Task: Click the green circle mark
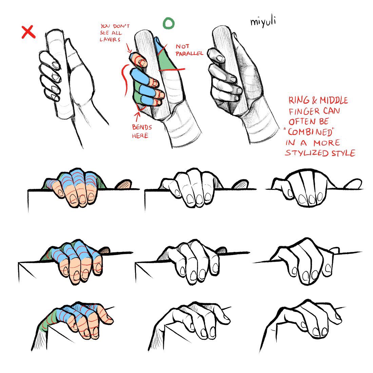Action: [169, 23]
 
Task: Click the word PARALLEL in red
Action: [189, 53]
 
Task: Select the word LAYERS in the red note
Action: [110, 40]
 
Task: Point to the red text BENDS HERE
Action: [142, 132]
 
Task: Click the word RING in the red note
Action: [298, 100]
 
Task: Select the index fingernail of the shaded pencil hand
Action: [220, 58]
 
